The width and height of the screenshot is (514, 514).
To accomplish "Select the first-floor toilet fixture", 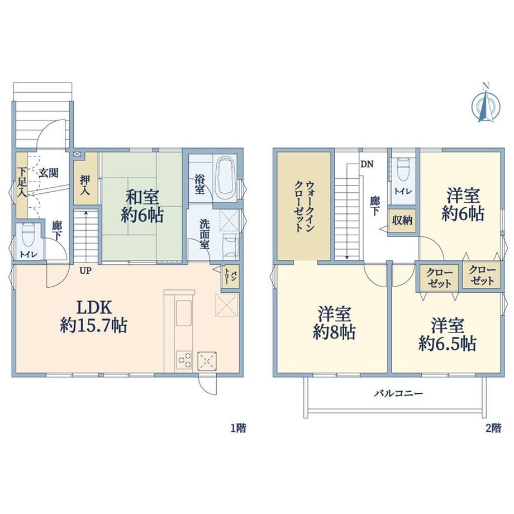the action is tap(27, 235).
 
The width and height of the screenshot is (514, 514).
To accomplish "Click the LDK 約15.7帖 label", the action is tap(94, 317).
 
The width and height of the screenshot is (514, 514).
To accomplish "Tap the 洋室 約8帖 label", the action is tap(334, 323).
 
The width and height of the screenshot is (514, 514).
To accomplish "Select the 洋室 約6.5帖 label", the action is tap(448, 334).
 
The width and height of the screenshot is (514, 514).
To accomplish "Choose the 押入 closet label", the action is tap(85, 185).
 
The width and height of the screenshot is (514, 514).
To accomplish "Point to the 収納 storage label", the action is tap(402, 221).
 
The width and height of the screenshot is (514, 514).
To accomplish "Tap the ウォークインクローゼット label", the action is tap(304, 206).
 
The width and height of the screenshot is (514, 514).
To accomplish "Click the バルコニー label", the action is tap(399, 393).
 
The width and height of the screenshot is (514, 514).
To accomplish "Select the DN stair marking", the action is tap(367, 164).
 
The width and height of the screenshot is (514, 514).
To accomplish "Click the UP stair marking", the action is tap(85, 271).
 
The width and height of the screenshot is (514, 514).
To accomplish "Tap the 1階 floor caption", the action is tap(239, 428).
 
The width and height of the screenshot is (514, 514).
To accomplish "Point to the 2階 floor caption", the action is tap(493, 428).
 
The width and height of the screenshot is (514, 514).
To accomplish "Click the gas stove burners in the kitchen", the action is tap(184, 360).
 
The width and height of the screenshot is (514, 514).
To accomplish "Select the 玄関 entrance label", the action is tap(49, 173).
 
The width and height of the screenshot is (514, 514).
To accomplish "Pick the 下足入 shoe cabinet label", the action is tap(22, 182).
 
